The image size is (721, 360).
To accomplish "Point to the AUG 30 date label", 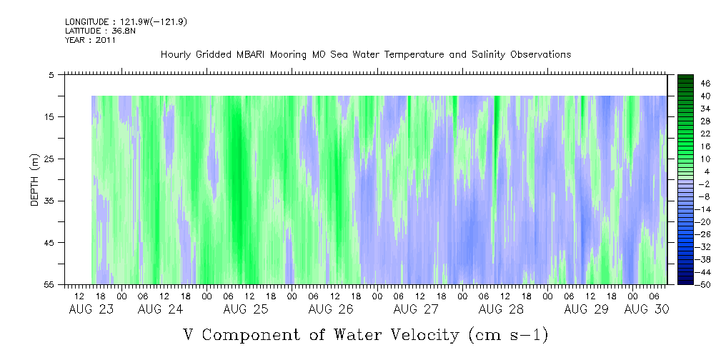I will click(x=646, y=309).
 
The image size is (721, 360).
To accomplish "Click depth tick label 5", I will click(x=51, y=74).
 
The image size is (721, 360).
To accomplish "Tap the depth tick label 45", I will click(x=49, y=243).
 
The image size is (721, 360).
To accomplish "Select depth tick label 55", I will click(x=49, y=285).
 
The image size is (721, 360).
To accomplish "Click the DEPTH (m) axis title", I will click(x=34, y=183).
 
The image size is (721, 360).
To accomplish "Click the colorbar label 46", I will click(x=704, y=83).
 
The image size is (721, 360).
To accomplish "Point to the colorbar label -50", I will click(x=702, y=285).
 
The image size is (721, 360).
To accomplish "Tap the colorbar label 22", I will click(x=704, y=134).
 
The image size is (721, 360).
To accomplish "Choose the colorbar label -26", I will click(x=702, y=234).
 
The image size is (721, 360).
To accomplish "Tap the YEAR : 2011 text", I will click(x=90, y=40).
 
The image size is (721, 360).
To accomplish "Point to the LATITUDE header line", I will click(x=95, y=31).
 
